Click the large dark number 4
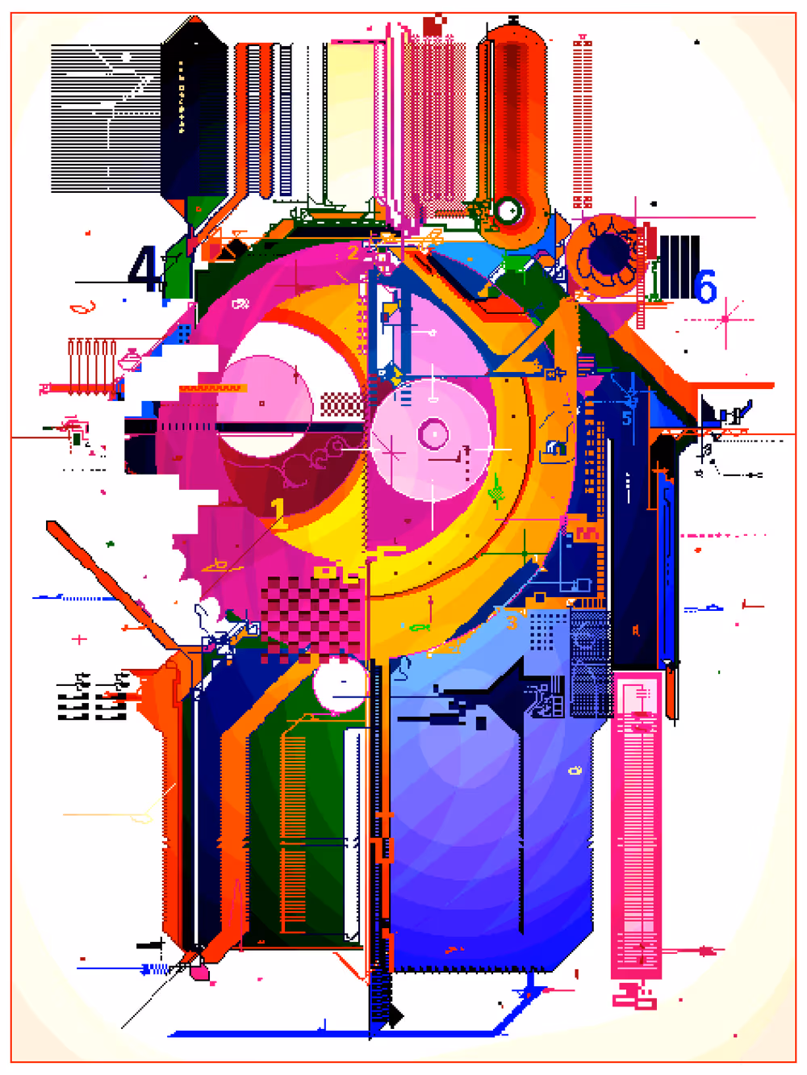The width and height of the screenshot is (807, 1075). pos(145,269)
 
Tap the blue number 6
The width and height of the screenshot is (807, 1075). pos(705,287)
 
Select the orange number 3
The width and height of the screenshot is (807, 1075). pos(511,622)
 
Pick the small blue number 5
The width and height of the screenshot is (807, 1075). pos(626,418)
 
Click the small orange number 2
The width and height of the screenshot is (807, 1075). pos(353,253)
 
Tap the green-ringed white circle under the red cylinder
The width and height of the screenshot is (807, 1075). pos(508,211)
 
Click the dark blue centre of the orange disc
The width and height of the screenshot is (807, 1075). pos(607,253)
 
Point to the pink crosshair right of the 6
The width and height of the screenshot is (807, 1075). pos(725,320)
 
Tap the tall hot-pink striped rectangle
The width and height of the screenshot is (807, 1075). pos(638,823)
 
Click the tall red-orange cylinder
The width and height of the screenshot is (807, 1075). pos(513,113)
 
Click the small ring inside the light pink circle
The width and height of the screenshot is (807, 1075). pos(433,434)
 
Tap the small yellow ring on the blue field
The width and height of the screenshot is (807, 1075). pos(575,771)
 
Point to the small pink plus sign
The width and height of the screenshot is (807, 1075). pos(79,639)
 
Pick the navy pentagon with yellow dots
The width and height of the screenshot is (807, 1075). pos(194,113)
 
